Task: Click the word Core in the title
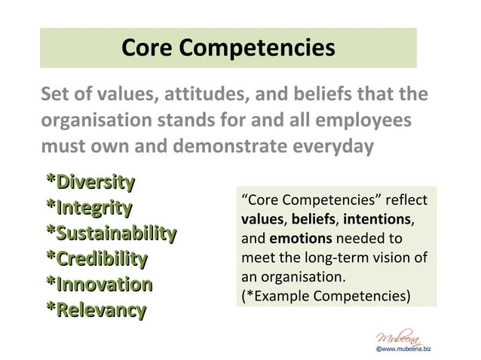148,47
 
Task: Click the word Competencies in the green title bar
257,48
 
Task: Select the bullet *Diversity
90,182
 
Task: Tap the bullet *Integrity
89,207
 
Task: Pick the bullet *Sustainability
112,233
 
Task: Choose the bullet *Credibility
97,258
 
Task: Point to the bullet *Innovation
99,284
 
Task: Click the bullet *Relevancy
96,310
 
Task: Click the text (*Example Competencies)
326,295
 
